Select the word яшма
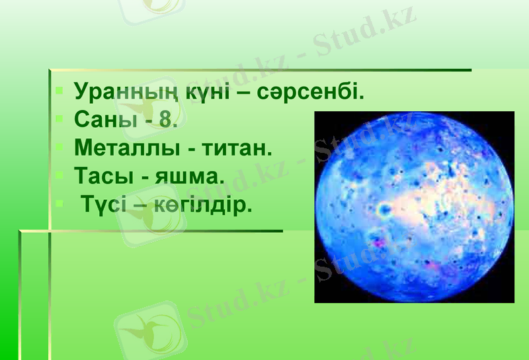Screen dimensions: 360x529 [x=192, y=177]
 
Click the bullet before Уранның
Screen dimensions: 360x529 [x=60, y=89]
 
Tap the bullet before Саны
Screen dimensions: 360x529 [x=60, y=118]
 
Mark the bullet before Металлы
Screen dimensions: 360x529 [x=60, y=147]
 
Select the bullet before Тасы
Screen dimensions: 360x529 [x=60, y=175]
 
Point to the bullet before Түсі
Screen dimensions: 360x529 [x=60, y=204]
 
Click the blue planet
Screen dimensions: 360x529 [x=414, y=206]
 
